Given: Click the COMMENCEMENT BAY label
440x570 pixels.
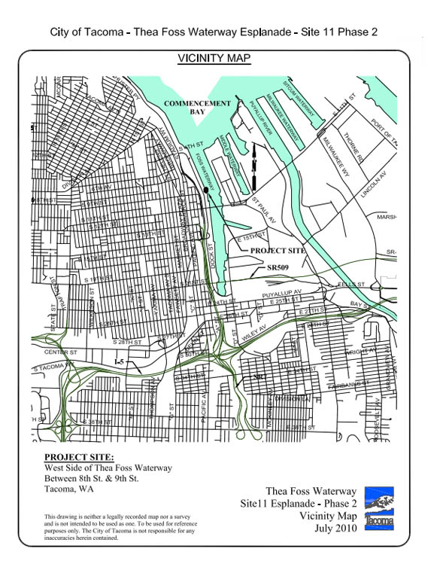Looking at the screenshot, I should (197, 106).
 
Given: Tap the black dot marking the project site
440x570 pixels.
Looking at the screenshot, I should (205, 190).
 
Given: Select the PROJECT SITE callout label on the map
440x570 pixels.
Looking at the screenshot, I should (278, 250).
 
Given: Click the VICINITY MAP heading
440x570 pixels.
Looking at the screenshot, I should (214, 58).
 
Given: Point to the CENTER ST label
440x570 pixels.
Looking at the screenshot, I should (61, 352).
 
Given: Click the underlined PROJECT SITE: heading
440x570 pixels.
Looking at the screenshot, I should (79, 457).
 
